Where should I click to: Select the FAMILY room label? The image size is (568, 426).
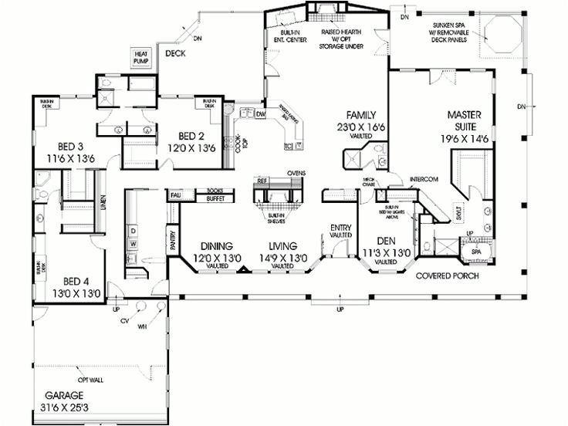click(360, 113)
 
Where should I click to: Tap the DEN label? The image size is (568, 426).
click(378, 241)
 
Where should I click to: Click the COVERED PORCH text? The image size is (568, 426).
click(447, 276)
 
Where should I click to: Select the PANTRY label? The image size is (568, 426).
click(171, 243)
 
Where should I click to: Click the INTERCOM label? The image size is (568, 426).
click(424, 179)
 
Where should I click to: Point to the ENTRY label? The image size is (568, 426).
click(340, 228)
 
